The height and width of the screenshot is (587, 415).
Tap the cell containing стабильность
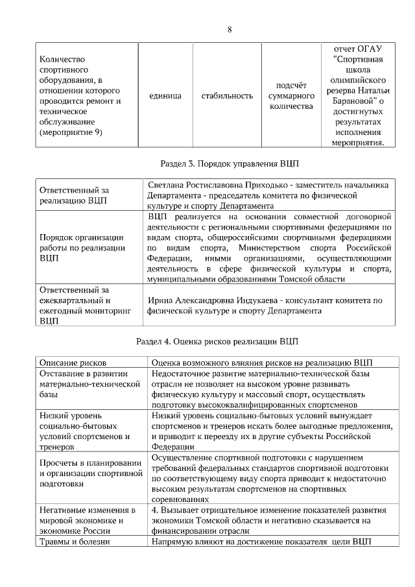pyautogui.click(x=226, y=96)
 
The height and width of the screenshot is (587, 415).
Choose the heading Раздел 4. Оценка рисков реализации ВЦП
pyautogui.click(x=217, y=341)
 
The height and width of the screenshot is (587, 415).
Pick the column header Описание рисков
pyautogui.click(x=73, y=363)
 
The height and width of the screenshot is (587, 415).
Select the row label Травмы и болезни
pyautogui.click(x=75, y=542)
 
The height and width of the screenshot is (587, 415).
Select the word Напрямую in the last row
pyautogui.click(x=171, y=542)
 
